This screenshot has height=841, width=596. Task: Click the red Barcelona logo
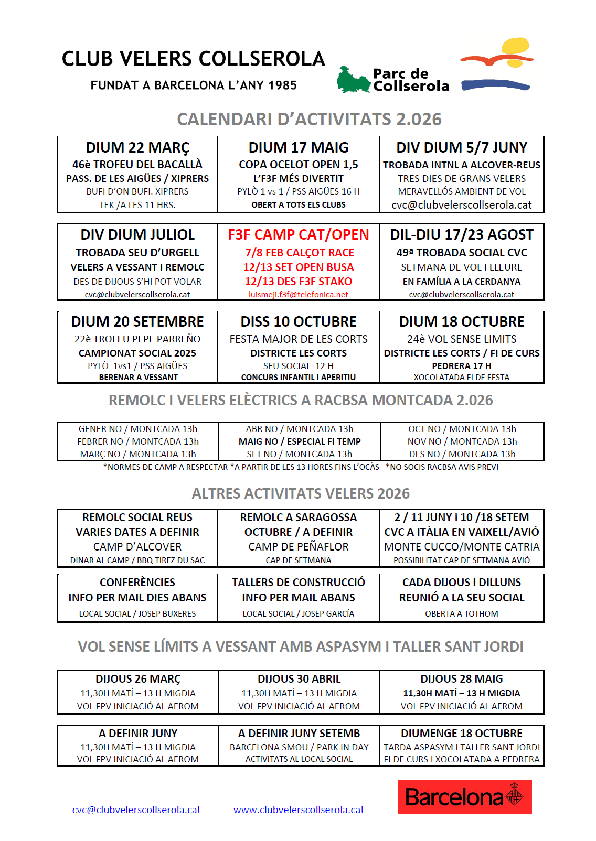coord(464,797)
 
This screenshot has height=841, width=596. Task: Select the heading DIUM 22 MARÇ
coord(137,148)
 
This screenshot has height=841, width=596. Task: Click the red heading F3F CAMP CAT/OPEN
coord(299,235)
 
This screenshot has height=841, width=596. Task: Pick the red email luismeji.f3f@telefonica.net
coord(299,295)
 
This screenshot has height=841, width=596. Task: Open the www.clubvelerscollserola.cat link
coord(299,810)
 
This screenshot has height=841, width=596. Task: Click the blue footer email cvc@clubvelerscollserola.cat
coord(136,810)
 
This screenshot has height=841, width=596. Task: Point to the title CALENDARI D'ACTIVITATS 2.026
coord(309,120)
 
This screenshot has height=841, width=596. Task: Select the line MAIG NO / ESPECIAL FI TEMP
coord(300,441)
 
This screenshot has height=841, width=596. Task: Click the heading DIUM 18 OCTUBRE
coord(462,321)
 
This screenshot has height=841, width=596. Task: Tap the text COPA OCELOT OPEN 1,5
coord(299,165)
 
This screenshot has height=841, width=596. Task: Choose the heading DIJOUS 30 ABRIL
coord(299,679)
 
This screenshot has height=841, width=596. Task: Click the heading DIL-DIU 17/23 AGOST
coord(462,235)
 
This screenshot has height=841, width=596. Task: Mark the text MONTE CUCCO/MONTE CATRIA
coord(462,547)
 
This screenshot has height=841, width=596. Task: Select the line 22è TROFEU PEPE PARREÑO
coord(137,339)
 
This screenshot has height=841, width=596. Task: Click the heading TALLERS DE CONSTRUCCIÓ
coord(299,583)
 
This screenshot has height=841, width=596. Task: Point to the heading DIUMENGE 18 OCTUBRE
coord(462,734)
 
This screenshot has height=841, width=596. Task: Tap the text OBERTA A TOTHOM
coord(462,613)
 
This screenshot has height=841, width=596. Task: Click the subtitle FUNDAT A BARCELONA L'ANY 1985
coord(194,85)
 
